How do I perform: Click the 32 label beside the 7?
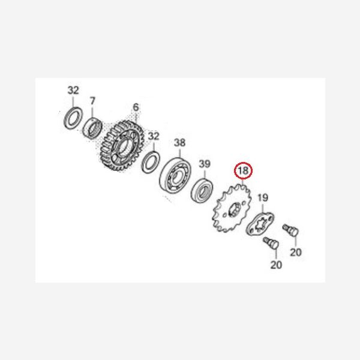(x=73, y=90)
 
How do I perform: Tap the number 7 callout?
(x=92, y=101)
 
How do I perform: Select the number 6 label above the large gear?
(x=136, y=107)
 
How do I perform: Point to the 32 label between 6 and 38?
(x=154, y=136)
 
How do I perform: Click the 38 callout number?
(x=179, y=143)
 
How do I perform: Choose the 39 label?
(x=205, y=164)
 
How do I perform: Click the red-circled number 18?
(x=244, y=170)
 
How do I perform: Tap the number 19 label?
(x=263, y=197)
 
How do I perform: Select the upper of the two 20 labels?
(x=296, y=253)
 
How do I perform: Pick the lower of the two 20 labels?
(x=276, y=265)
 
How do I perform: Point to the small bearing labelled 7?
(x=92, y=128)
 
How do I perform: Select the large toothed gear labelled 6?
(x=122, y=145)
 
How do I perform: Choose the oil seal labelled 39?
(x=202, y=190)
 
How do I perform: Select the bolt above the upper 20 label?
(x=291, y=230)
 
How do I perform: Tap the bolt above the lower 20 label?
(x=271, y=243)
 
